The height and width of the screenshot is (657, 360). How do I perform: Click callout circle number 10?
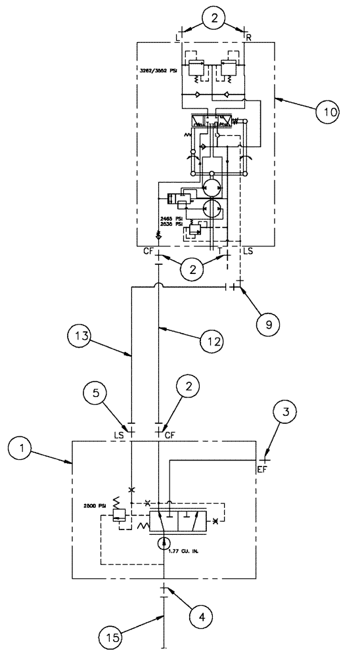[x=326, y=112]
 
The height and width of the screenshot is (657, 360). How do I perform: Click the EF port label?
[x=263, y=469]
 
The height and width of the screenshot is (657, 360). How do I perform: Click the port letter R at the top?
[x=250, y=38]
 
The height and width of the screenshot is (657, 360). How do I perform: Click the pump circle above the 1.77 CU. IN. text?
[x=162, y=543]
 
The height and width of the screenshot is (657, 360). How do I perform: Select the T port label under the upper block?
[x=219, y=250]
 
